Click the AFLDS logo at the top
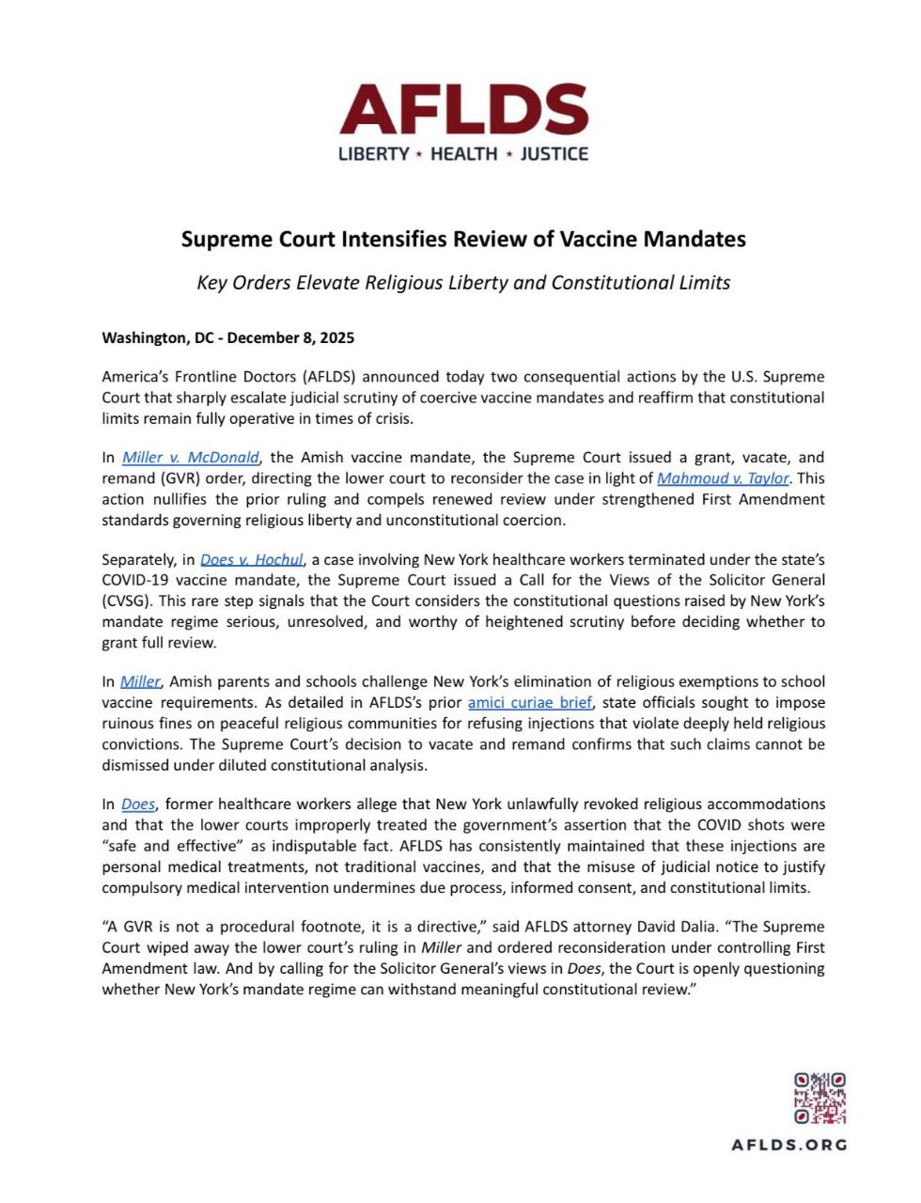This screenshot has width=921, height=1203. [x=463, y=110]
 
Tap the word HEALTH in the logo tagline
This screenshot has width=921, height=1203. [x=463, y=154]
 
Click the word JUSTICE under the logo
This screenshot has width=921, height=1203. [x=554, y=154]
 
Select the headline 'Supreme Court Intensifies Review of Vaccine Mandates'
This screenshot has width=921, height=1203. [x=463, y=240]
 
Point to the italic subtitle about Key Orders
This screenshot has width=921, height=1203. [x=463, y=283]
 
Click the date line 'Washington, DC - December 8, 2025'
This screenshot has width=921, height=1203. [x=227, y=337]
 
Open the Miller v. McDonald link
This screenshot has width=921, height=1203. [x=190, y=458]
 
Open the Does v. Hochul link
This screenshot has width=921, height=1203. [x=252, y=560]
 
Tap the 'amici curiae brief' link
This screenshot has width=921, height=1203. [x=530, y=703]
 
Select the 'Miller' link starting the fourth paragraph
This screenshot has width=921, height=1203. [x=140, y=682]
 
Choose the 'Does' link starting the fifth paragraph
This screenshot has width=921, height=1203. [x=137, y=805]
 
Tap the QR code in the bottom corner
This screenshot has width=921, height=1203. [x=820, y=1099]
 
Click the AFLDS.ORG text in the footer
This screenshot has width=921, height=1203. [x=789, y=1145]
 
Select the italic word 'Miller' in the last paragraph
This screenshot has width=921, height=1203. [x=441, y=947]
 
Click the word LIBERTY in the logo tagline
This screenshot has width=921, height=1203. [x=373, y=154]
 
